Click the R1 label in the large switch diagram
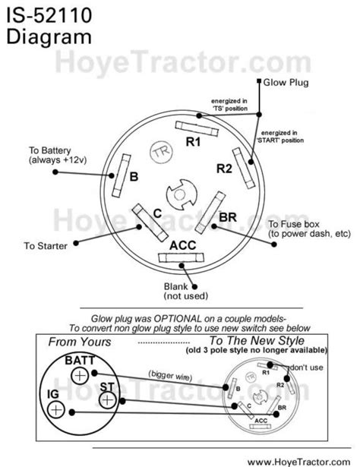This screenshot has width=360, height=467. (194, 141)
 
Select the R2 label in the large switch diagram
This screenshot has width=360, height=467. (223, 168)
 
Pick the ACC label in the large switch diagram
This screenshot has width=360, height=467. (183, 245)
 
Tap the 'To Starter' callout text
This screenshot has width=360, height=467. (46, 246)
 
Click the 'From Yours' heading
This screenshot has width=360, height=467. (78, 342)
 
